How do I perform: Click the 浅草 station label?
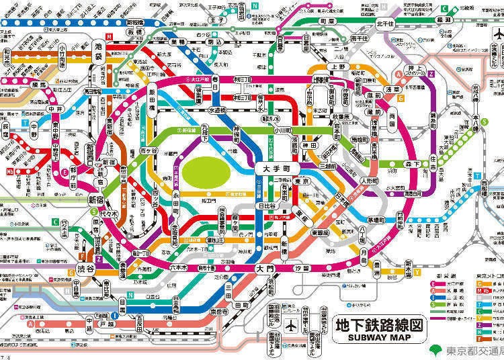pos(391,89)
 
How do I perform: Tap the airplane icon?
pos(292,325)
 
